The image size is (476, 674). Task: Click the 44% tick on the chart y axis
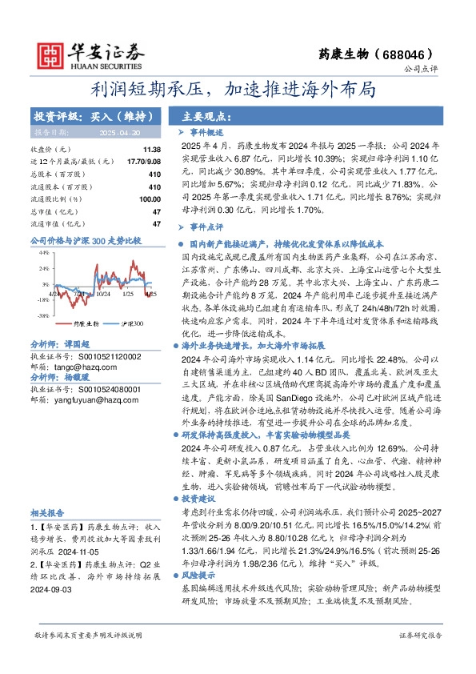(43, 253)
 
